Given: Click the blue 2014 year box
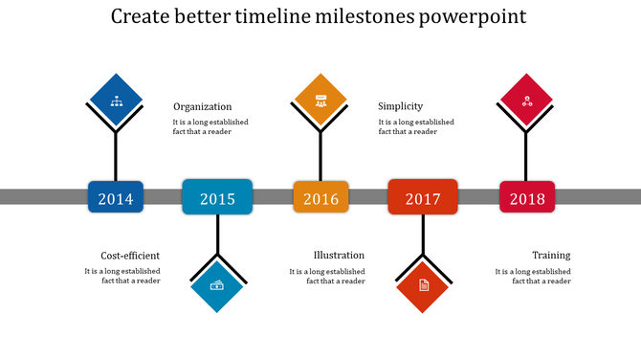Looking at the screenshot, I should click(116, 197).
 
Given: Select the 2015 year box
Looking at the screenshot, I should click(217, 197).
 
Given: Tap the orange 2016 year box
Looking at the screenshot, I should click(320, 197).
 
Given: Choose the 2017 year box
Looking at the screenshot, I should click(422, 197).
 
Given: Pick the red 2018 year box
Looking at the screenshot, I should click(526, 197).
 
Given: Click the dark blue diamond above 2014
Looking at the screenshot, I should click(116, 99).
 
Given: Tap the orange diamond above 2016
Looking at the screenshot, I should click(320, 99).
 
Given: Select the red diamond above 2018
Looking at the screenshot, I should click(526, 99).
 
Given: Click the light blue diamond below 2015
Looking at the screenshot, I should click(217, 285).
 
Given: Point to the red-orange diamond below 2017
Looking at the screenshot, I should click(423, 285).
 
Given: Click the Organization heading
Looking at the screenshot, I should click(202, 107).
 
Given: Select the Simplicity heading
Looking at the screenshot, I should click(400, 106).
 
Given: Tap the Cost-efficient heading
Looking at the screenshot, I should click(130, 256).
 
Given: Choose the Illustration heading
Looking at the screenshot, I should click(339, 256).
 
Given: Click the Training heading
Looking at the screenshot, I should click(551, 256).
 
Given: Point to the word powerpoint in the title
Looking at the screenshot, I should click(476, 18).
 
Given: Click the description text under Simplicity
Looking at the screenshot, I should click(416, 126).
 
